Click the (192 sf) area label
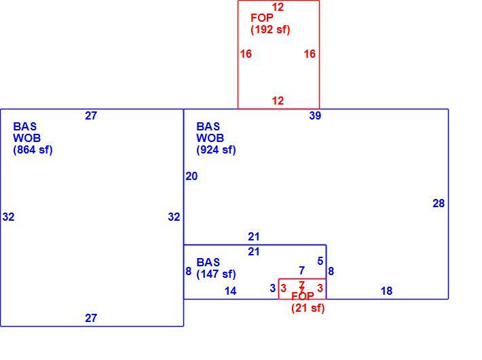click(x=270, y=30)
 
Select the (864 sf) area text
click(x=33, y=150)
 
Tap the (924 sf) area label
click(x=216, y=150)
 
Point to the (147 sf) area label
click(x=216, y=274)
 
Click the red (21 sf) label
click(x=308, y=308)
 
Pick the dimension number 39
click(x=315, y=115)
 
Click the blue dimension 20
click(x=191, y=177)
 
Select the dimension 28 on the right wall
click(x=439, y=203)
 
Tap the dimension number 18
click(x=386, y=291)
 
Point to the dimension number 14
click(x=230, y=291)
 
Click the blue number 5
click(x=320, y=262)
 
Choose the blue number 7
click(x=302, y=270)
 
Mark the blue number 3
click(x=273, y=288)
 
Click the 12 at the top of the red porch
click(x=278, y=7)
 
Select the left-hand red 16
click(x=246, y=54)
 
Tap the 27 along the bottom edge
click(x=91, y=318)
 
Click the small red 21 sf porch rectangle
click(x=279, y=289)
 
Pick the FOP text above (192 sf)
click(x=261, y=18)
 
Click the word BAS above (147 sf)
click(x=208, y=262)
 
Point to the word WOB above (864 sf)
click(x=26, y=138)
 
